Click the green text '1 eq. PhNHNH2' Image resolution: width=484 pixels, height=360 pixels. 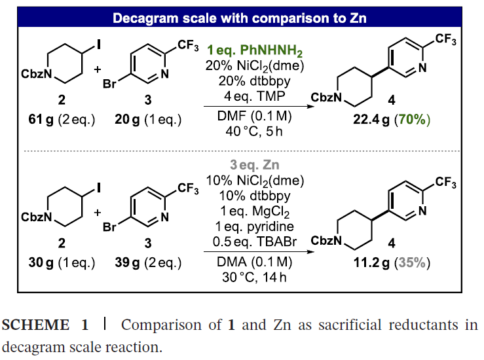pyautogui.click(x=255, y=50)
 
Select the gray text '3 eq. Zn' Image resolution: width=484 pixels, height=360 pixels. pyautogui.click(x=255, y=165)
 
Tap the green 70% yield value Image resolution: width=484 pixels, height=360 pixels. pyautogui.click(x=413, y=119)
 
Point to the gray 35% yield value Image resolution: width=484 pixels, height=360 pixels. pyautogui.click(x=413, y=263)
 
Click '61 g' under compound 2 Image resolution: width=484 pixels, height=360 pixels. pyautogui.click(x=41, y=119)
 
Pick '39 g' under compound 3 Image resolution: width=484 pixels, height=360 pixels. pyautogui.click(x=127, y=263)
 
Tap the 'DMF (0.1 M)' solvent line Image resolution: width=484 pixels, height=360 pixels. pyautogui.click(x=254, y=117)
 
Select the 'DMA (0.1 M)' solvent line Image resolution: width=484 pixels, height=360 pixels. pyautogui.click(x=254, y=262)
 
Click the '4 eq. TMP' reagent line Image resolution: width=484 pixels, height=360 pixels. pyautogui.click(x=254, y=96)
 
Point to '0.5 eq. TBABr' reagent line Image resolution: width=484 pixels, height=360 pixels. pyautogui.click(x=255, y=242)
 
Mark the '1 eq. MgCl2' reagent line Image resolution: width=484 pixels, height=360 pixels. pyautogui.click(x=255, y=211)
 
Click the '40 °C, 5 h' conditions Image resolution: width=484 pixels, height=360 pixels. pyautogui.click(x=254, y=132)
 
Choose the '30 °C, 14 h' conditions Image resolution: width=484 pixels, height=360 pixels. pyautogui.click(x=254, y=278)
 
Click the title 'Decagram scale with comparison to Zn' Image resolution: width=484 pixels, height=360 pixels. pyautogui.click(x=240, y=18)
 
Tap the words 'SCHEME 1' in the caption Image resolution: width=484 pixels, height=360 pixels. pyautogui.click(x=45, y=325)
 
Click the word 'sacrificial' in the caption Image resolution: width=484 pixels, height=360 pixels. pyautogui.click(x=350, y=325)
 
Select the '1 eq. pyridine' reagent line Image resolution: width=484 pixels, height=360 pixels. pyautogui.click(x=255, y=226)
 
